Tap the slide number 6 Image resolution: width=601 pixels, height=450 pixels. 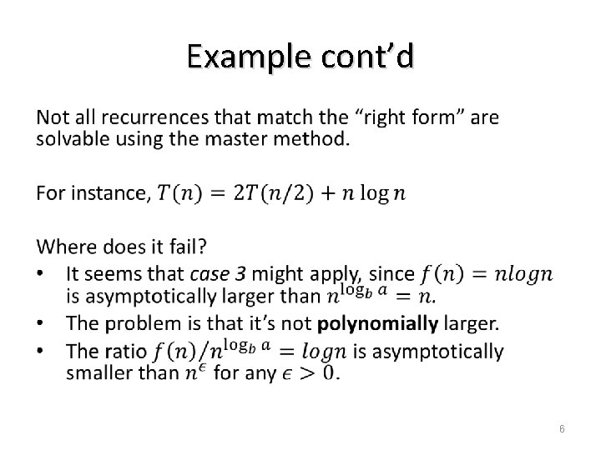(563, 427)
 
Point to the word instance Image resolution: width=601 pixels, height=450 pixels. (110, 193)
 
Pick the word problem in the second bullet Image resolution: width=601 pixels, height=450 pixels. (135, 322)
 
